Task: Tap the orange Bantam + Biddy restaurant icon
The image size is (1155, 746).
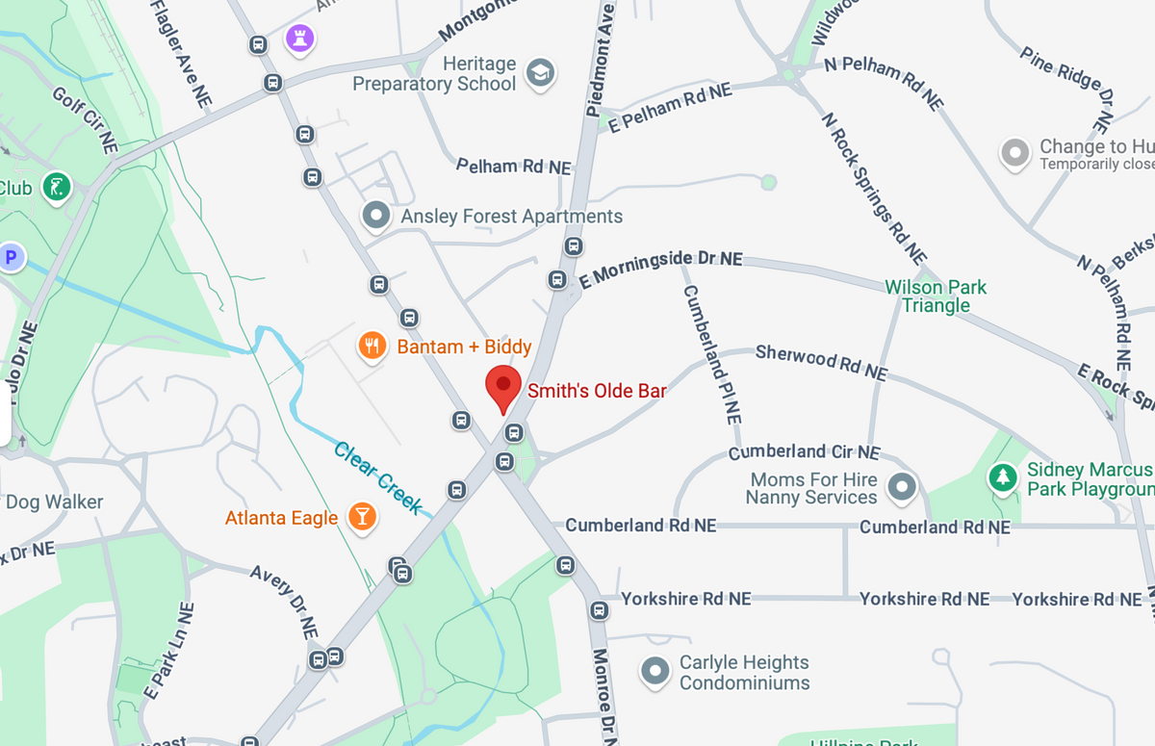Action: coord(372,346)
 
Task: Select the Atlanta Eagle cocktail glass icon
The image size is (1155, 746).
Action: coord(362,517)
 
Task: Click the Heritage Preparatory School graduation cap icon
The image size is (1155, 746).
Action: coord(541,73)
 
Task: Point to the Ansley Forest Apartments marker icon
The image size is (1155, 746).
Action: coord(375,216)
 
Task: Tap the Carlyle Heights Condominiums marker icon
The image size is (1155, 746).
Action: coord(655,672)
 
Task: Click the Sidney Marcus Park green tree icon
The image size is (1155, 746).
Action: coord(1004,477)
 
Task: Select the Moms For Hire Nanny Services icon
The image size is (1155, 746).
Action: coord(901,488)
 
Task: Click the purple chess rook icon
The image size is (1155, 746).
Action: coord(300,39)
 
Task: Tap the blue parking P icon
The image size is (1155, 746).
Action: coord(12,257)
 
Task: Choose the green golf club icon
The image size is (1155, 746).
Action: coord(58,187)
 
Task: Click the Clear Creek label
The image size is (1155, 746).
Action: coord(378,478)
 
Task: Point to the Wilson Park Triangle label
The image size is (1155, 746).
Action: coord(936,296)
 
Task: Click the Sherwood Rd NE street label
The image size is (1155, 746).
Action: coord(821,362)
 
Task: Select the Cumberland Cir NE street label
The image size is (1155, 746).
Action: coord(804,451)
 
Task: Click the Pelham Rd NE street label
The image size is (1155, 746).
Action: coord(513,167)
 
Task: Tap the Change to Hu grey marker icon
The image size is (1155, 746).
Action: coord(1015,153)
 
